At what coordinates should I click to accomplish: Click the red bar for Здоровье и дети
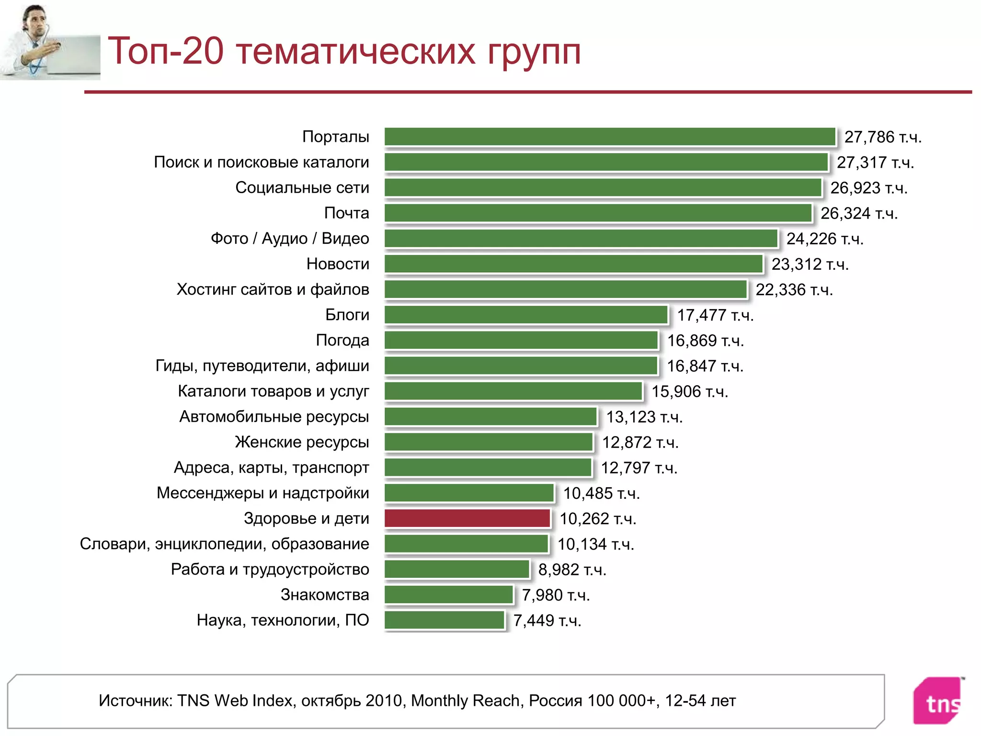pos(467,518)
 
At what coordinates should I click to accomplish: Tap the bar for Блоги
pos(525,315)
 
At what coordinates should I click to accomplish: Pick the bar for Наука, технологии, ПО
pos(444,620)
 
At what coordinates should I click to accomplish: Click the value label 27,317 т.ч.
pos(875,162)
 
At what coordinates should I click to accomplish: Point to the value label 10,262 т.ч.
pos(598,518)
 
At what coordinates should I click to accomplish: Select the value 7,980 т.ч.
pos(556,595)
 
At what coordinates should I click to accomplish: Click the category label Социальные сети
pos(302,187)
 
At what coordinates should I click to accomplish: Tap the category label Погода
pos(342,340)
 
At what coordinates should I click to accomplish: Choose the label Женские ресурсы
pos(302,442)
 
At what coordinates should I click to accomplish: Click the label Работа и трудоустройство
pos(270,569)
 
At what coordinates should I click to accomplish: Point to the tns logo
pos(938,701)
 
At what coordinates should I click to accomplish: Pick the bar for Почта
pos(598,213)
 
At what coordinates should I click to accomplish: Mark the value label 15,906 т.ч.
pos(689,391)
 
